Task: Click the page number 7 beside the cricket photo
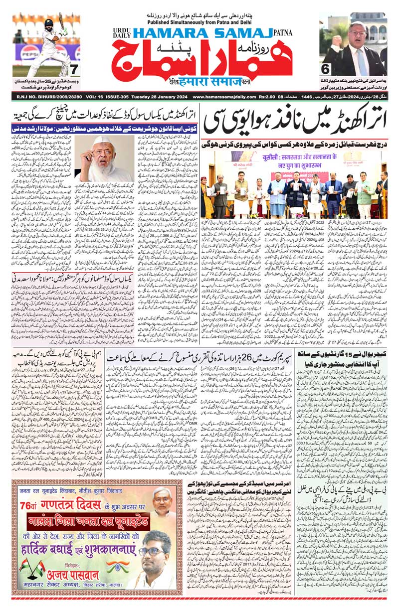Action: (x=73, y=68)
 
